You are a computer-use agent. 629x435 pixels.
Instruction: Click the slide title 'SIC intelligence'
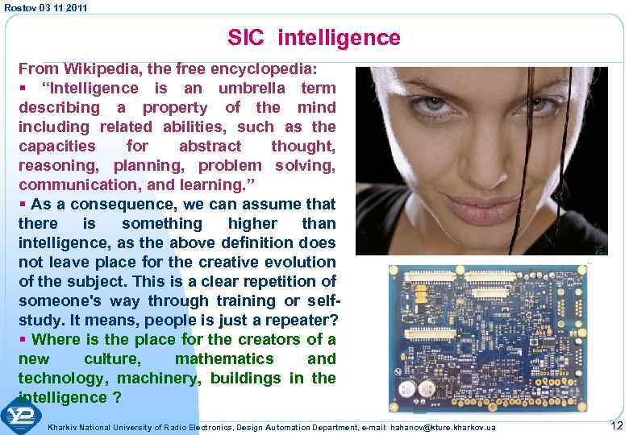[314, 37]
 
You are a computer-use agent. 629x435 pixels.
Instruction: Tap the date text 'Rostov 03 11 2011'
[45, 7]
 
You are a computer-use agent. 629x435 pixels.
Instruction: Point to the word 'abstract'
[210, 146]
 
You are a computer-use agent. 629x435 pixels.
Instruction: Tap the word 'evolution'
[298, 262]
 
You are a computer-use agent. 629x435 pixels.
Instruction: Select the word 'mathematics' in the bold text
[224, 358]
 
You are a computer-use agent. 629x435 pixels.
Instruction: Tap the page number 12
[617, 425]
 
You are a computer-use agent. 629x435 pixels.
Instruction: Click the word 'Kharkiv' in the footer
[65, 426]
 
